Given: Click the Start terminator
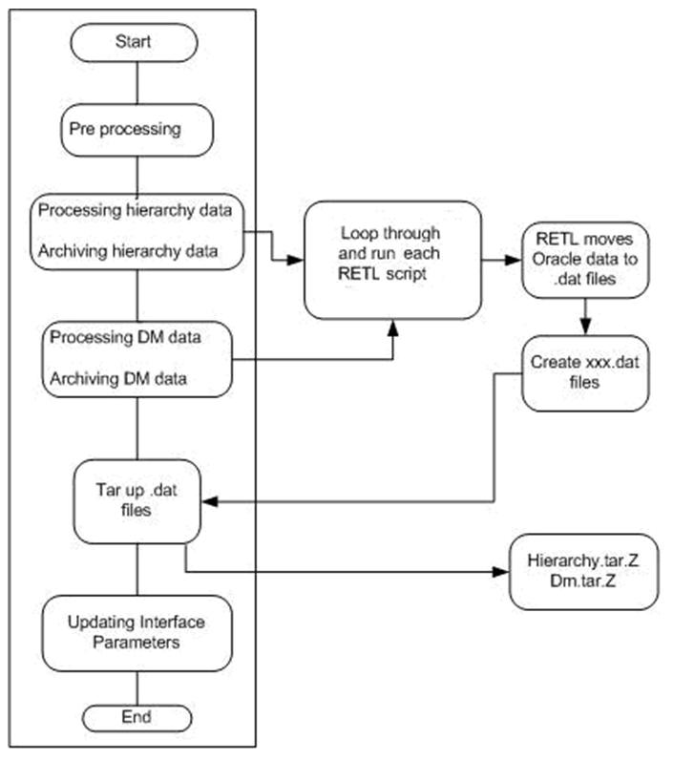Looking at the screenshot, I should (x=138, y=42).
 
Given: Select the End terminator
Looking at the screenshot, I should (x=138, y=715).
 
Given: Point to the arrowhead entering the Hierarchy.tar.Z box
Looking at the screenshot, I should (x=503, y=573).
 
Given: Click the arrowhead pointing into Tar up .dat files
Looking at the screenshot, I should (x=215, y=499).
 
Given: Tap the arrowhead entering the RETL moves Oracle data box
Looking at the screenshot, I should (x=515, y=258).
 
